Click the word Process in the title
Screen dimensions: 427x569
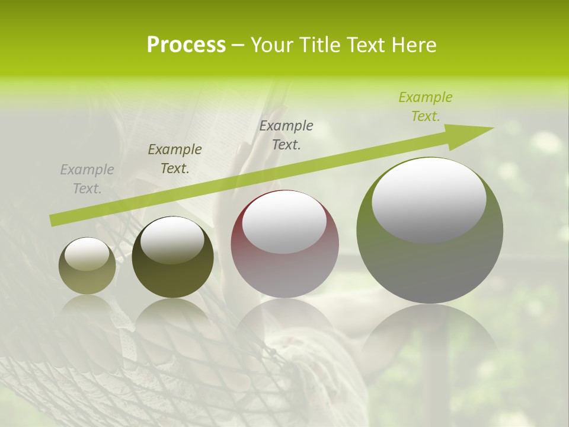186,45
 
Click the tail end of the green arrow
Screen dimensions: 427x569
53,220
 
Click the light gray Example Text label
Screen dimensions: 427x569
87,179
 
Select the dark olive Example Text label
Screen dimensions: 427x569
175,159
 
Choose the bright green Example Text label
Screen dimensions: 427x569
426,107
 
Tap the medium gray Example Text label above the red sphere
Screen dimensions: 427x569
286,135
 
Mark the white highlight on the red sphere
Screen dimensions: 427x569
284,222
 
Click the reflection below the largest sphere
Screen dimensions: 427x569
430,332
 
